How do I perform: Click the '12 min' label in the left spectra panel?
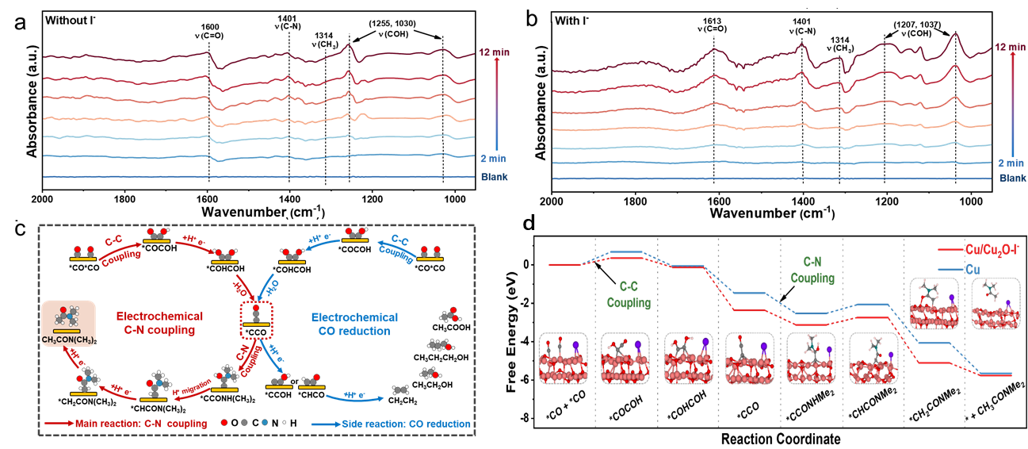click(x=494, y=52)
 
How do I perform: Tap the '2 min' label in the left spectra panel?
click(x=493, y=159)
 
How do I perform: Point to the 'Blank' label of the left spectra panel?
click(x=494, y=177)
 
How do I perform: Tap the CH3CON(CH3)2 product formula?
click(x=68, y=341)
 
